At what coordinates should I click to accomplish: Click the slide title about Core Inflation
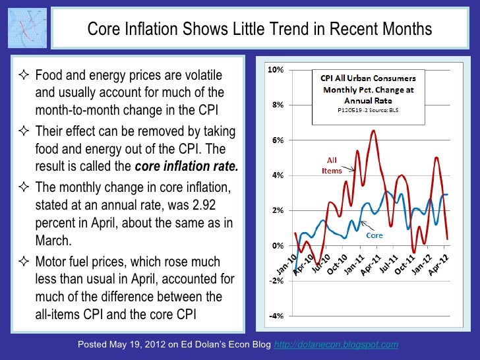click(x=260, y=30)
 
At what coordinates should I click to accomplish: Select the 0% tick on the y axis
click(x=277, y=245)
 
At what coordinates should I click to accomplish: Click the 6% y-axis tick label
click(x=277, y=140)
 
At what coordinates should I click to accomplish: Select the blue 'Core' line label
click(x=375, y=235)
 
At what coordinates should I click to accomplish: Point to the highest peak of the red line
click(x=374, y=131)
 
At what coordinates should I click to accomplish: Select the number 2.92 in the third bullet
click(x=208, y=206)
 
